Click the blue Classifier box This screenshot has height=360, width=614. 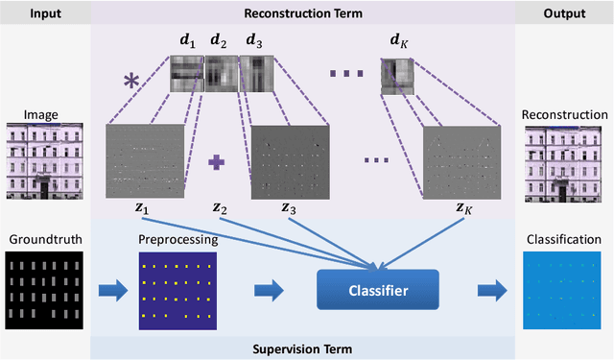pos(376,290)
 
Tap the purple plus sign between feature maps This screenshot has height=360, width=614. pos(216,162)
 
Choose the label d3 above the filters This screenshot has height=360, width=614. pos(253,41)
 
